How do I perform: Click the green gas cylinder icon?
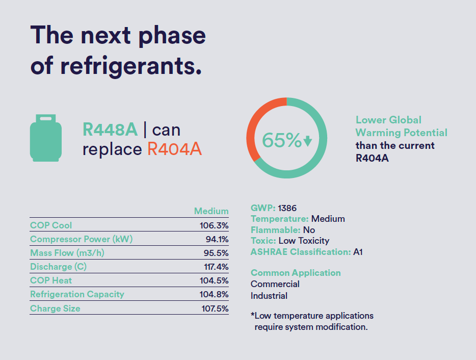[46, 138]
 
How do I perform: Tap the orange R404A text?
[175, 149]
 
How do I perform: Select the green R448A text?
[110, 130]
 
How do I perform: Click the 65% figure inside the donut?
[281, 140]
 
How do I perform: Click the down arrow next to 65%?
[307, 141]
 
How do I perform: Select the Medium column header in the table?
[211, 211]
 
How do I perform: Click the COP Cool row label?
[51, 225]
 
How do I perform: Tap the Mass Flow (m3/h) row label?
[67, 253]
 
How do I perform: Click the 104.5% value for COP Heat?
[214, 280]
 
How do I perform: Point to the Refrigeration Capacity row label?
[77, 294]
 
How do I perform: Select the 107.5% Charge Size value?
[214, 308]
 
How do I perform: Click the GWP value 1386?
[287, 208]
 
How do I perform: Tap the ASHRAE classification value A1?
[358, 252]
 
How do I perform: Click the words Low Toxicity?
[304, 241]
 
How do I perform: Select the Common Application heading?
[296, 273]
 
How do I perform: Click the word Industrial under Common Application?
[269, 296]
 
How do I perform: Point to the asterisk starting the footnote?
[252, 315]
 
